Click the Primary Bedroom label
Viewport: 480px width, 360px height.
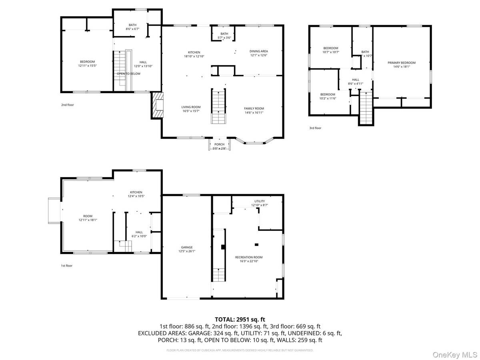tap(401, 63)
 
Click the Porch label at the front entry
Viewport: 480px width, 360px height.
tap(219, 144)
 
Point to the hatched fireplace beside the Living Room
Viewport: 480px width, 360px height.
tap(157, 106)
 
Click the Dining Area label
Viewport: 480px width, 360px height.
tap(259, 51)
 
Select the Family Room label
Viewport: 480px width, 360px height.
tap(254, 108)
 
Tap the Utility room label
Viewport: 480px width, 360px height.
tap(260, 201)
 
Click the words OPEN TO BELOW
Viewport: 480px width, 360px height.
tap(128, 74)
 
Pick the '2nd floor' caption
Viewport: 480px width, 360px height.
tap(68, 105)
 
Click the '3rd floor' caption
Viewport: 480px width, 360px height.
tap(315, 128)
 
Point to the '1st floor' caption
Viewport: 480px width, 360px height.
tap(66, 265)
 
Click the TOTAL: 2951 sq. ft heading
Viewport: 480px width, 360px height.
tap(240, 319)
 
